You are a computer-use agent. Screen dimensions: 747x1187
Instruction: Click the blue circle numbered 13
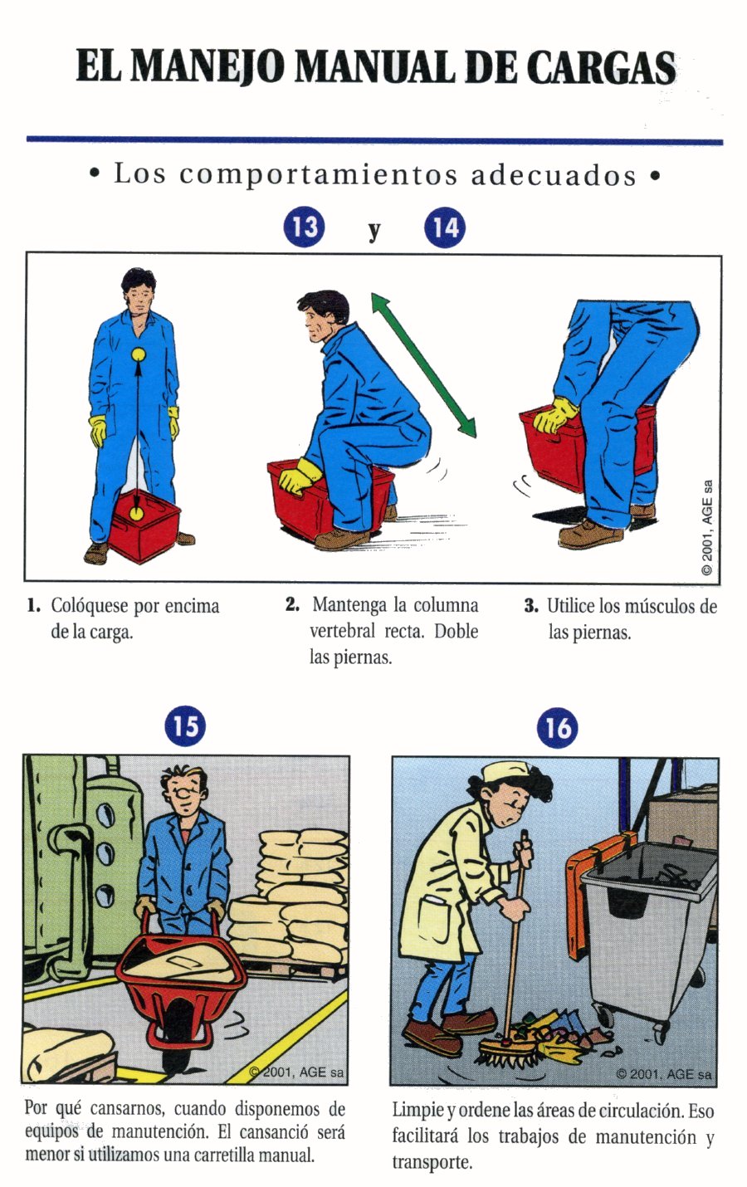pos(304,227)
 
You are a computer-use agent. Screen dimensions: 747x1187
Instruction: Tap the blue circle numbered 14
pos(445,228)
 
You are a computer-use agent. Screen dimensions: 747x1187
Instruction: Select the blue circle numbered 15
pos(185,726)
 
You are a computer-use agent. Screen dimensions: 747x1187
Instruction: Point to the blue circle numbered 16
pos(557,727)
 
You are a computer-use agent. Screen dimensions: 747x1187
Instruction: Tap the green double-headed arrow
pos(423,365)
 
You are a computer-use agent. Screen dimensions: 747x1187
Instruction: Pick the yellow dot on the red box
pos(137,512)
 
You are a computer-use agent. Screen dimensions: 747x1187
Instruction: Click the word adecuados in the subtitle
pos(553,175)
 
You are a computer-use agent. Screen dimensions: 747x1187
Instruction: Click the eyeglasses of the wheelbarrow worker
pos(190,793)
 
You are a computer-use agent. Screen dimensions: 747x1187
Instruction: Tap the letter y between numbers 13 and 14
pos(374,231)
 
